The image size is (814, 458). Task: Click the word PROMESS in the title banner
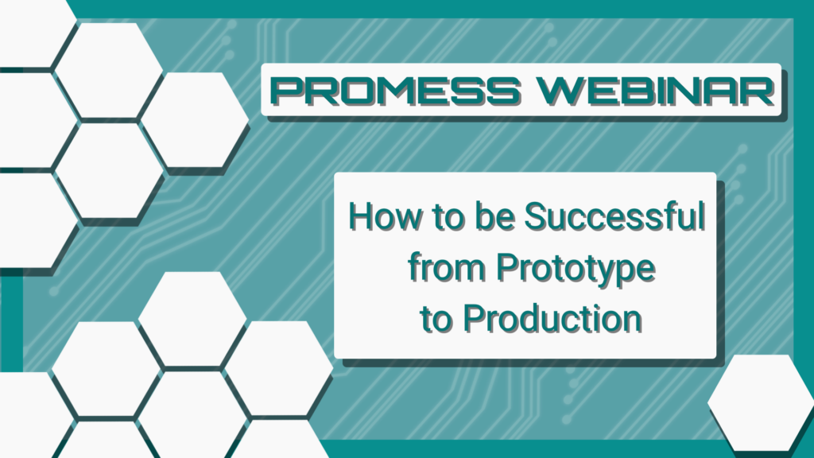(396, 91)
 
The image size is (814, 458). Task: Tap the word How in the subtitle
(384, 216)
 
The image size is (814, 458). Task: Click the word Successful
(614, 216)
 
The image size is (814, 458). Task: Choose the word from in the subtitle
(447, 267)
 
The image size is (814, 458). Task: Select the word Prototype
(576, 269)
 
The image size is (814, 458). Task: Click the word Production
(552, 318)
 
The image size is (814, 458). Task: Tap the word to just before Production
(436, 319)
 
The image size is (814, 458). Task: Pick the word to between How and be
(448, 217)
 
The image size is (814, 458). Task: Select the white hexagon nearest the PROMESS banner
(195, 120)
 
